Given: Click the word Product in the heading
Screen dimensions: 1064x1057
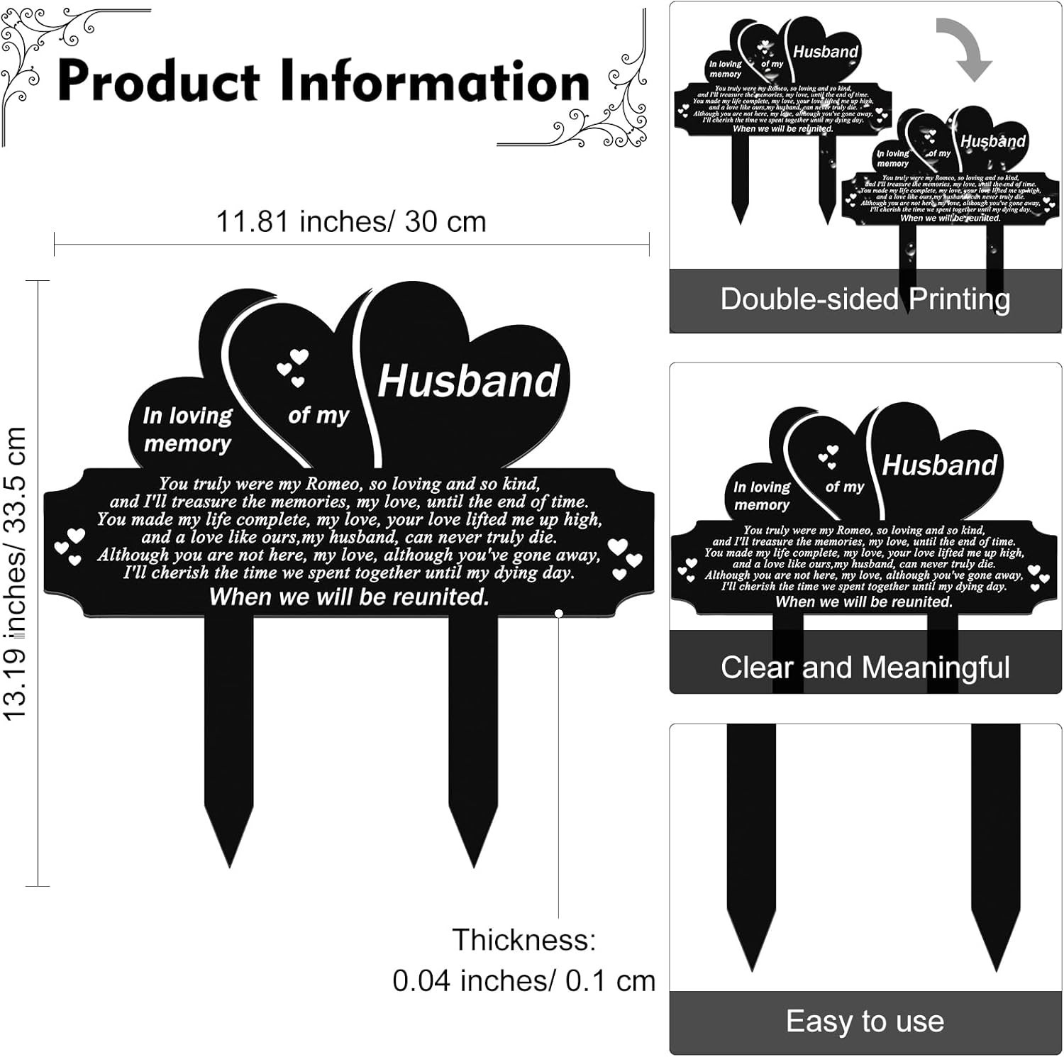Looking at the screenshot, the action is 158,82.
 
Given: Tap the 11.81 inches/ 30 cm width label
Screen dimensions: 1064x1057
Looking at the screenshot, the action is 351,222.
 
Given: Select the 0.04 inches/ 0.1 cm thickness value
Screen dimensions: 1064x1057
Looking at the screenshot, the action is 523,980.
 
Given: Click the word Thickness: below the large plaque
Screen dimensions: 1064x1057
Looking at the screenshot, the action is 524,940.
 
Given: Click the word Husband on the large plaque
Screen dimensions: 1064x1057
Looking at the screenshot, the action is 468,381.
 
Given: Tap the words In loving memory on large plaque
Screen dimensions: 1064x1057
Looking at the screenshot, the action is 187,429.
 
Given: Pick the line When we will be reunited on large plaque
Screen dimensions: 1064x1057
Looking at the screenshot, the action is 349,597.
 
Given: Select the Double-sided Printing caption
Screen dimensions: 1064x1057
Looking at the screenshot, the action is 865,299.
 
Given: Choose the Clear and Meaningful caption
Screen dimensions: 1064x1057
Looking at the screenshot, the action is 865,668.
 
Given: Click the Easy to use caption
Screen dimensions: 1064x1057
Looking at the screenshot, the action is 865,1022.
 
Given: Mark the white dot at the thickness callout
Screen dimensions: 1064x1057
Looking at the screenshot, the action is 559,613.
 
